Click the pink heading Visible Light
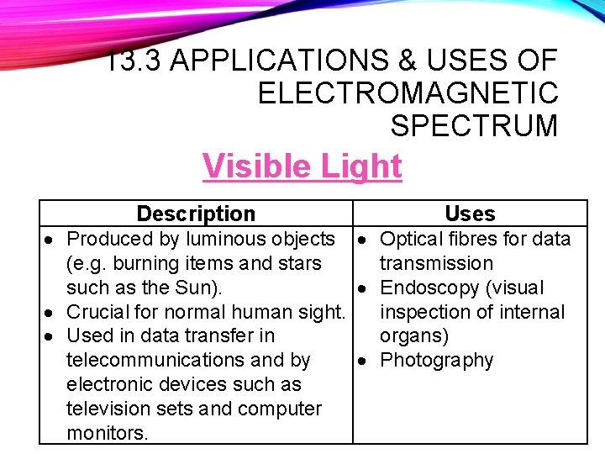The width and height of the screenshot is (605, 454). point(302,166)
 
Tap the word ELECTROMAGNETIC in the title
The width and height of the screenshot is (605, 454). point(408,92)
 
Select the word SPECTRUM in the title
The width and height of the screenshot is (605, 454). point(474,125)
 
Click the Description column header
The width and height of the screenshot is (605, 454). point(195,214)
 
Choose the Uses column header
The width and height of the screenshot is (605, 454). point(470,214)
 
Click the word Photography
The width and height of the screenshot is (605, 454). point(436,360)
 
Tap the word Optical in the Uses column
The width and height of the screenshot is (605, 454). point(413,239)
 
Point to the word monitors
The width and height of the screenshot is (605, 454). point(107,433)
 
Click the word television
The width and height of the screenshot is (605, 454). point(112,409)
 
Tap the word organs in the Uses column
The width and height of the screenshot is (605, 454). point(414,336)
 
